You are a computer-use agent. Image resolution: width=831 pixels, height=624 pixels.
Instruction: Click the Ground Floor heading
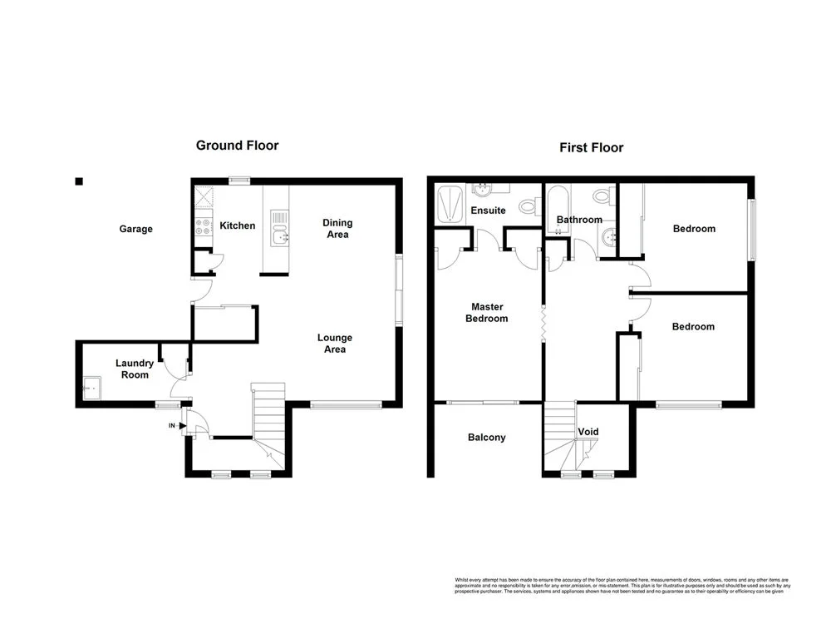pos(237,146)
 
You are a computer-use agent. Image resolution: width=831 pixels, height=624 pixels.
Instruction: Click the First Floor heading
pos(590,148)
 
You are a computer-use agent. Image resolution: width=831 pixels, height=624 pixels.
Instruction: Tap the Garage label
pos(135,229)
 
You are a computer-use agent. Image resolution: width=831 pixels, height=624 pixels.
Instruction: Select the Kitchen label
pos(237,225)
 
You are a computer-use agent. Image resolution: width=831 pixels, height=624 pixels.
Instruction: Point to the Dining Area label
pos(337,229)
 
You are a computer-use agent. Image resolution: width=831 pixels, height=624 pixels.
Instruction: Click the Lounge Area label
pos(335,344)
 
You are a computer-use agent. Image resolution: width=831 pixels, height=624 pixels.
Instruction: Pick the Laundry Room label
pos(134,369)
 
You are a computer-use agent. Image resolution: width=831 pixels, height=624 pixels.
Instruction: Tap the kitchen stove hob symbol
pos(203,224)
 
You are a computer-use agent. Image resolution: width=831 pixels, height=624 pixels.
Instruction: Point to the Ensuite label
pos(488,210)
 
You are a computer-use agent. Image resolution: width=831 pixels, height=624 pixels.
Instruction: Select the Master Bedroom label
pos(486,312)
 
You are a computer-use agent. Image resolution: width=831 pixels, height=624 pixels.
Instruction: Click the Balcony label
pos(486,438)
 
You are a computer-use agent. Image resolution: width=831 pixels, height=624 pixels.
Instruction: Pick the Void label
pos(588,432)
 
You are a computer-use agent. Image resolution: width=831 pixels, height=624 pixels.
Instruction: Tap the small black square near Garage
pos(79,181)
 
